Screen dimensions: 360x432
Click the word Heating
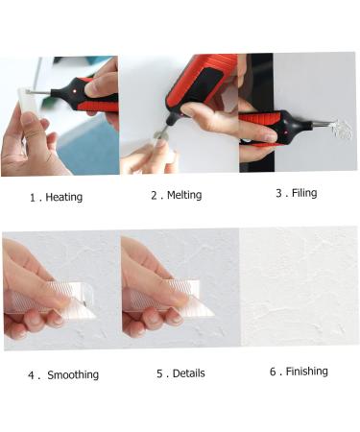point(64,197)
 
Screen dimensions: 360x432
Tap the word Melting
point(184,195)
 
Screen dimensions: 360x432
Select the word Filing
point(304,193)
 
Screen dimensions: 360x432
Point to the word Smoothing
point(73,374)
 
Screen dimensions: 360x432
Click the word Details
point(189,373)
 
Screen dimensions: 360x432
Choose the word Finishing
point(306,372)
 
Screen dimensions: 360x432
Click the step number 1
point(33,198)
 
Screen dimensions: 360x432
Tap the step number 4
point(31,375)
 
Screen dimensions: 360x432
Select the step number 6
point(273,372)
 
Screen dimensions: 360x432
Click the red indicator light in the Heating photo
point(75,91)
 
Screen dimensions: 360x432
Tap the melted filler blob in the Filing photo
point(342,131)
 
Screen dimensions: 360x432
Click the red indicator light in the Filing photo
point(285,131)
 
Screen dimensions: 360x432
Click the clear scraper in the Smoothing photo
point(51,300)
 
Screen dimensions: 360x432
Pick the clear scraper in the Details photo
point(170,298)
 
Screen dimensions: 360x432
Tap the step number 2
point(154,196)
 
